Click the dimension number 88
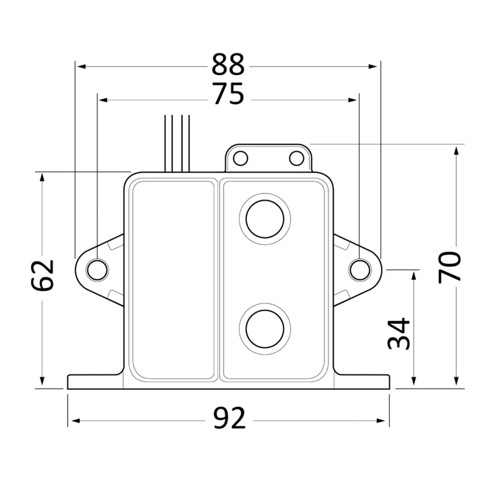click(228, 64)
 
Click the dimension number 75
click(229, 93)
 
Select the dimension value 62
click(42, 275)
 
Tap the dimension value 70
click(449, 267)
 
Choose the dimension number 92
click(229, 418)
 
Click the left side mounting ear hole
click(97, 270)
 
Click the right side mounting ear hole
click(360, 270)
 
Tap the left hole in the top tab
click(240, 158)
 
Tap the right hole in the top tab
click(296, 158)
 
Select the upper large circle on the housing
click(265, 219)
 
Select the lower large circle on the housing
click(265, 329)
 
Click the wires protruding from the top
click(177, 143)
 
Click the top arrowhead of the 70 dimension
click(456, 151)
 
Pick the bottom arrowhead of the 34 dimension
click(414, 381)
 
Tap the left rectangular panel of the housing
click(173, 280)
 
